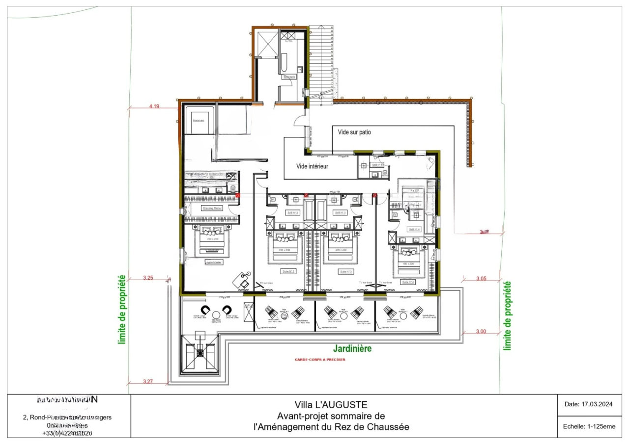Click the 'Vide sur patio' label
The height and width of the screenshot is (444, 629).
point(358,132)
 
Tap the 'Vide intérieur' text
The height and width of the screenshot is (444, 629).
point(312,166)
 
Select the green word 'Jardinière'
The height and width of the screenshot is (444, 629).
point(352,349)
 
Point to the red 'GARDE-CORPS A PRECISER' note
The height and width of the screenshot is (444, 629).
point(319,360)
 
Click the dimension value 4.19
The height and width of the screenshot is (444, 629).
point(155,105)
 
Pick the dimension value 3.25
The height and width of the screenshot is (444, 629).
point(147,278)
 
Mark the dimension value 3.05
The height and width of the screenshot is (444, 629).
point(482,278)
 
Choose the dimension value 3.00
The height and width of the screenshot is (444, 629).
point(481,332)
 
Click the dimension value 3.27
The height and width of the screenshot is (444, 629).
point(147,381)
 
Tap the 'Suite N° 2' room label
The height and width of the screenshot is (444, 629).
point(288,271)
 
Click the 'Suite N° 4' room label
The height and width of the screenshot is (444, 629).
point(408,282)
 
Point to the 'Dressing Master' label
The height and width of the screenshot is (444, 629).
point(212,208)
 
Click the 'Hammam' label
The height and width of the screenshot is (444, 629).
point(199,120)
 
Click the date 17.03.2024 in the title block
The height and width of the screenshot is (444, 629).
point(588,405)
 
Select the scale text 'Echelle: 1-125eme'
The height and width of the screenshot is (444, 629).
point(589,426)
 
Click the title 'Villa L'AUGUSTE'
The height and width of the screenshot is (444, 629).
point(331,405)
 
